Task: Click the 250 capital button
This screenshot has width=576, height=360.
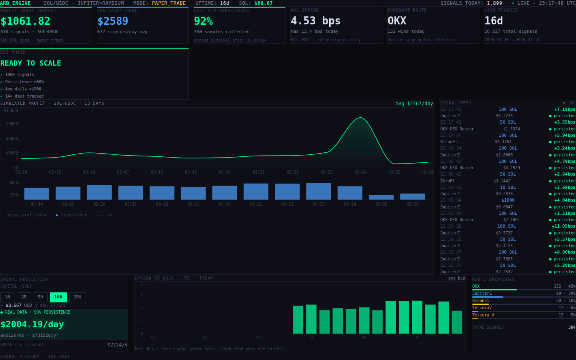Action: (77, 297)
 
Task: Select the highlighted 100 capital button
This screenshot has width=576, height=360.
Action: (58, 297)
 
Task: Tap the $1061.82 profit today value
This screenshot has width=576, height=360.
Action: (25, 21)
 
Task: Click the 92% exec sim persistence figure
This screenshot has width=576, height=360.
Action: (203, 21)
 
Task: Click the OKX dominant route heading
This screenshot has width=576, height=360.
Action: (396, 21)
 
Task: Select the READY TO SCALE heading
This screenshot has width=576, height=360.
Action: (31, 63)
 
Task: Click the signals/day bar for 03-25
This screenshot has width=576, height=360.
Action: (381, 197)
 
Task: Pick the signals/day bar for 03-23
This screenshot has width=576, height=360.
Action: (318, 191)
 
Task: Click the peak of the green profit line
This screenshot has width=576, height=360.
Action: (360, 118)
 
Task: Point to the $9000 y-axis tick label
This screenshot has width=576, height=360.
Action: (12, 124)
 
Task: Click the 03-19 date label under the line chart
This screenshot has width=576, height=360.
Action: (191, 172)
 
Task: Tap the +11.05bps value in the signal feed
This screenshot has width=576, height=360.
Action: (563, 226)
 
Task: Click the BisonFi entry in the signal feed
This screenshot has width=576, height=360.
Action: (448, 142)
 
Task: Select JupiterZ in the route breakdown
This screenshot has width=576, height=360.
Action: (482, 294)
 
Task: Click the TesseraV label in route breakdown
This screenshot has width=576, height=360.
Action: (482, 308)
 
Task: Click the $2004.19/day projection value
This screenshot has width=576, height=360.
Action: (32, 324)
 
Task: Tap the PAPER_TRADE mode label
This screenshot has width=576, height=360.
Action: (168, 3)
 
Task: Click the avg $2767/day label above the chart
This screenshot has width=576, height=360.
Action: (414, 104)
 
